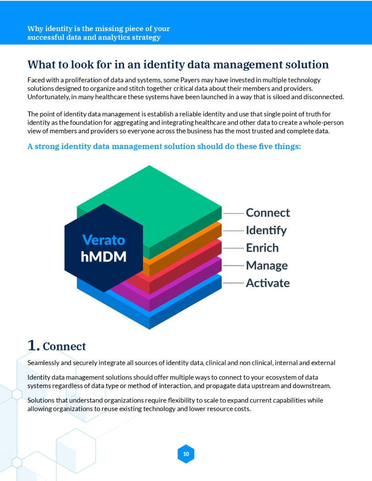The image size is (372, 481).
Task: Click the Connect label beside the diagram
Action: [x=268, y=213]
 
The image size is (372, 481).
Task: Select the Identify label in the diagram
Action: [x=266, y=230]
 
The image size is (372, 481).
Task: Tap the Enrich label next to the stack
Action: [x=262, y=248]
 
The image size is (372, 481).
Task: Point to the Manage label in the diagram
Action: [x=267, y=266]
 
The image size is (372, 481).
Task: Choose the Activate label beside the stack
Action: [x=268, y=283]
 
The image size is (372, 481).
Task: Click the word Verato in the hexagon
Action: [x=104, y=240]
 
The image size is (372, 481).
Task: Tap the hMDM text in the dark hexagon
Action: [x=104, y=257]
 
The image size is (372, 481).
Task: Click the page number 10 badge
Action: [x=186, y=454]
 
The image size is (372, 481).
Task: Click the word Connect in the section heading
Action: [x=64, y=347]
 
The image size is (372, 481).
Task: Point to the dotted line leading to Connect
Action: [x=234, y=213]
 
